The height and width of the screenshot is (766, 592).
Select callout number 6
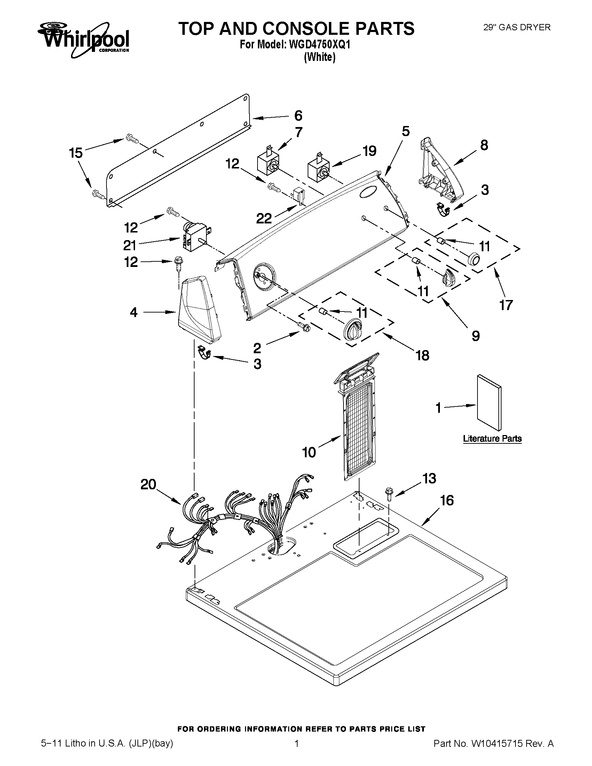298,116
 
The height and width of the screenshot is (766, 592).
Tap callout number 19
369,151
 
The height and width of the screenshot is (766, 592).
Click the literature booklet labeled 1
489,402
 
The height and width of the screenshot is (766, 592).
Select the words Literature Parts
492,439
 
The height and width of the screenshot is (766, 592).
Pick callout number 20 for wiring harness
148,484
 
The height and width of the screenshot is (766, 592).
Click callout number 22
264,219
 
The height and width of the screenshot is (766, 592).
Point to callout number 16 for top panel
447,500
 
